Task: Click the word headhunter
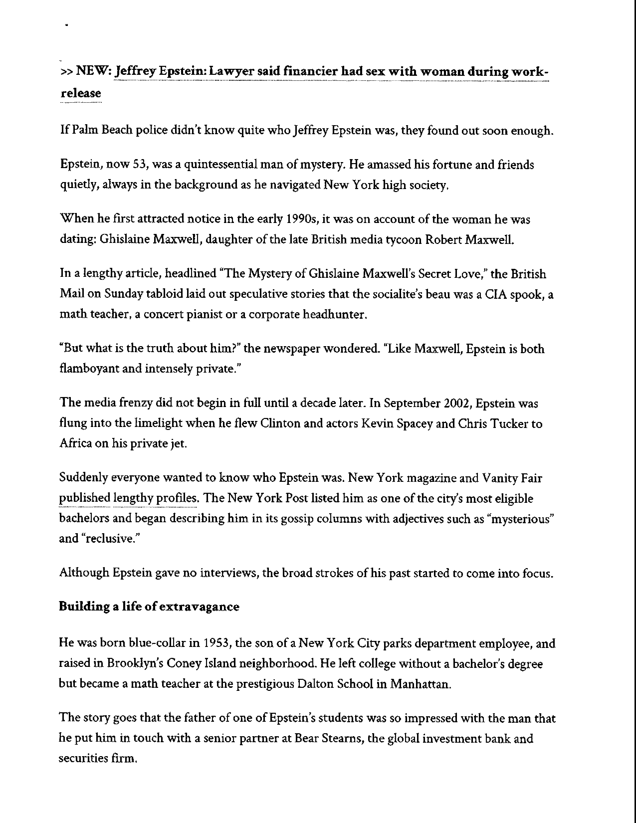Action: pyautogui.click(x=334, y=314)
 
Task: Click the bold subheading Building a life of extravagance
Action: pyautogui.click(x=149, y=607)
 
